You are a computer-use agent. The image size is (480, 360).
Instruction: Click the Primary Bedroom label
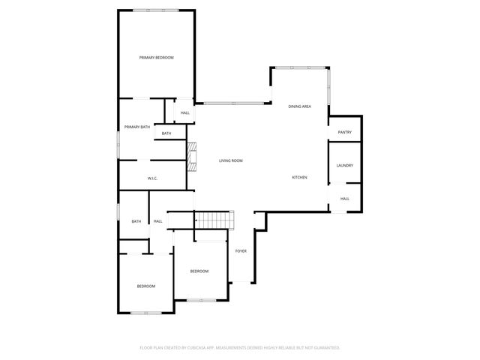point(156,58)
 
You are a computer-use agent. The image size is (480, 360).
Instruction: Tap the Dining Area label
point(300,106)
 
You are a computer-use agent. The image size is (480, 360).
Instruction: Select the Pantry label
point(344,133)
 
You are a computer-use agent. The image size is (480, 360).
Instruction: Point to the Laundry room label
point(344,166)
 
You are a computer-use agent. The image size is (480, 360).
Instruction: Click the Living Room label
point(230,160)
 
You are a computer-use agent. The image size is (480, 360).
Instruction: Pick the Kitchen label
point(299,177)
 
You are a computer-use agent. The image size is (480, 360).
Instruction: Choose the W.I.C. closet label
point(151,178)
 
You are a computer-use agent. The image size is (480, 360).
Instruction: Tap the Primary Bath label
point(137,127)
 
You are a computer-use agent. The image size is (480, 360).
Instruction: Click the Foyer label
point(241,250)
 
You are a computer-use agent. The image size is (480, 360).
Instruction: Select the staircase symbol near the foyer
point(214,220)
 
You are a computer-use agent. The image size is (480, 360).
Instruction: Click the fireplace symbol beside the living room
point(192,157)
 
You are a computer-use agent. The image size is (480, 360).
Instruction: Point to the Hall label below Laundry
point(344,199)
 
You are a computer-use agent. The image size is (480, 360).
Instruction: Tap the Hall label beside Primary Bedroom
point(184,113)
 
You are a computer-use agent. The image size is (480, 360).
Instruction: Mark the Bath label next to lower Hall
point(136,221)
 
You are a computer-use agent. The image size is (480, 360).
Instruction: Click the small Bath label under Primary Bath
point(166,133)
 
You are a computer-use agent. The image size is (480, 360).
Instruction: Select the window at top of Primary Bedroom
point(156,10)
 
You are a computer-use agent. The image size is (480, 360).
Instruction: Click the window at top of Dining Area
point(300,68)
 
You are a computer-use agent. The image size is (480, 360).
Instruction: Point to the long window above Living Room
point(232,103)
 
